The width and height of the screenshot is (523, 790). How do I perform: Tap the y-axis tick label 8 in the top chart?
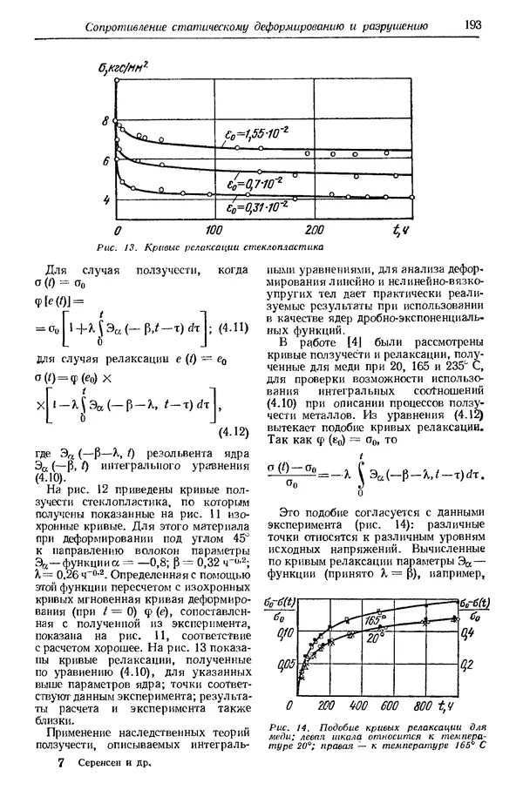[x=106, y=121]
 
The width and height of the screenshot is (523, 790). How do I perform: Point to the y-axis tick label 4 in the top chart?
[x=106, y=200]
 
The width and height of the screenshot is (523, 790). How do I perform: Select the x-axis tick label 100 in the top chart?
[x=214, y=230]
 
